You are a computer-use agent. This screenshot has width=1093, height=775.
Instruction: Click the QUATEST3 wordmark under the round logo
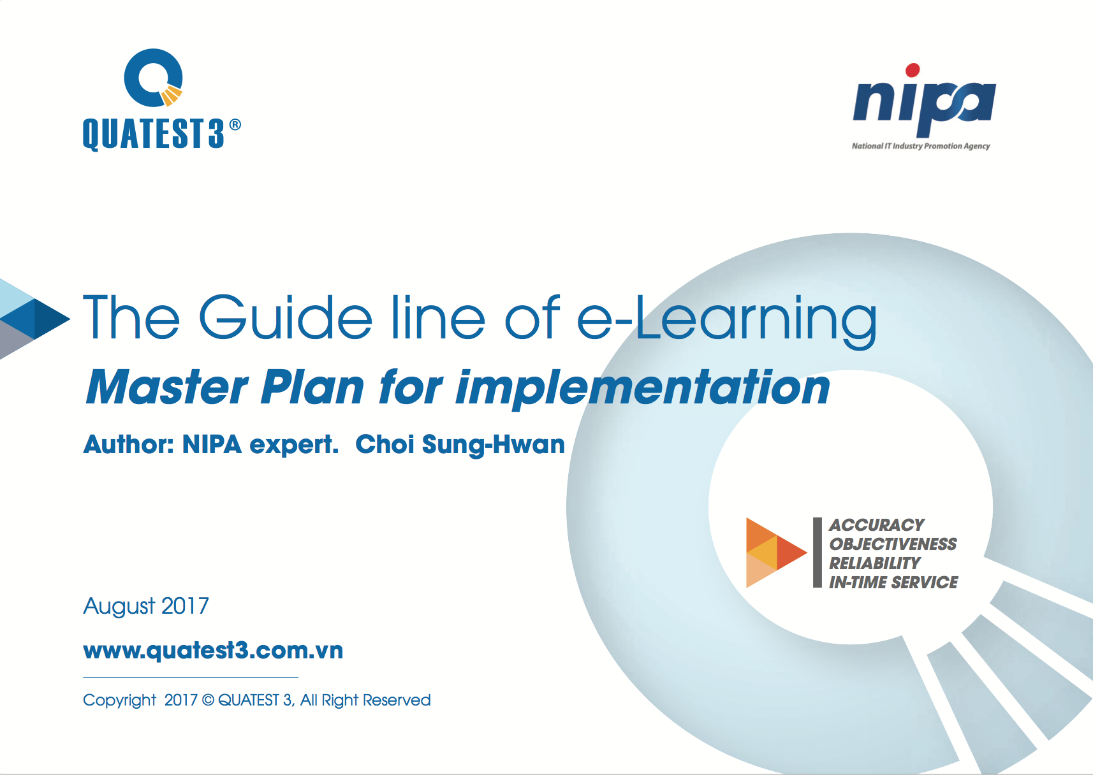click(x=154, y=134)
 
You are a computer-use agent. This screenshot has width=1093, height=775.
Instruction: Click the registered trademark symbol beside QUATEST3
click(x=235, y=125)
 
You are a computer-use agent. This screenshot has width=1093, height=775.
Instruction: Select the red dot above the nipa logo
click(x=913, y=70)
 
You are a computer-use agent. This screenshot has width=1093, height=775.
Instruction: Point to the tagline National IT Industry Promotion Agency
click(x=921, y=146)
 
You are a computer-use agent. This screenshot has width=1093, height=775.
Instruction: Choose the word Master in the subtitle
click(x=167, y=387)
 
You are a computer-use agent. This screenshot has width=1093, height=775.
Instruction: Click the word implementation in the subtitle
click(x=643, y=389)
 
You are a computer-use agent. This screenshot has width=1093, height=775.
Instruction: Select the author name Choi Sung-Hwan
click(x=460, y=445)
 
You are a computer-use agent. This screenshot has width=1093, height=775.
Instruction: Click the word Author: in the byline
click(x=128, y=444)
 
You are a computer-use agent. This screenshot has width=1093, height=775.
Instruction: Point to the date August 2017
click(x=146, y=606)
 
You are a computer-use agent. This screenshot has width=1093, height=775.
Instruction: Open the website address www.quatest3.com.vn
click(x=213, y=651)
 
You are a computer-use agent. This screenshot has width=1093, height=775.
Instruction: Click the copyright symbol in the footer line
click(x=208, y=700)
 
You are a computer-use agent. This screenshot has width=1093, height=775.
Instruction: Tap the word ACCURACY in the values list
click(x=876, y=525)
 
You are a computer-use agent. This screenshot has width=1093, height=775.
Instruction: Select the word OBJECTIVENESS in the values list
click(x=893, y=544)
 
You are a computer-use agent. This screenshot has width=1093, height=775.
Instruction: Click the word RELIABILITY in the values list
click(x=874, y=563)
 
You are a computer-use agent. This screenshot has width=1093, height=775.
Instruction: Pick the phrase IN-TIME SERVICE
click(x=893, y=582)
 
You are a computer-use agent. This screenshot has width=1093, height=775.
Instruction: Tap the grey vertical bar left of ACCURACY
click(x=818, y=553)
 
